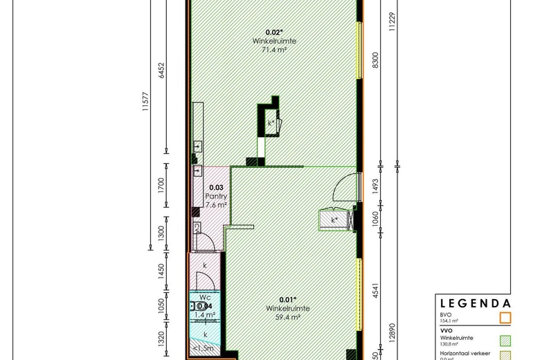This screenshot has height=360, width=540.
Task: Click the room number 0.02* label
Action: point(275,32)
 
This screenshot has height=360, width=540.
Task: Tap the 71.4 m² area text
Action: point(275,51)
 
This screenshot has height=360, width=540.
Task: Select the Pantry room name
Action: point(217,197)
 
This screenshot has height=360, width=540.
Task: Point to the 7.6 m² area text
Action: point(217,206)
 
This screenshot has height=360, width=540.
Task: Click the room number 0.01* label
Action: point(289,299)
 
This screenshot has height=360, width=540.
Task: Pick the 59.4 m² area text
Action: point(289,318)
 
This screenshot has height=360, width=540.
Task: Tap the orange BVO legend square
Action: point(505,318)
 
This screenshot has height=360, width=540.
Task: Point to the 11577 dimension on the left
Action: point(145,102)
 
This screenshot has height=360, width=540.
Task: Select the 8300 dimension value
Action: point(376,60)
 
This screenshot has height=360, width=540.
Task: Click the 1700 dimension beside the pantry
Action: point(161,186)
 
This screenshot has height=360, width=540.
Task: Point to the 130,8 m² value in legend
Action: point(451,343)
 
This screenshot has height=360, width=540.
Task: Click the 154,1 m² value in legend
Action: point(451,321)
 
